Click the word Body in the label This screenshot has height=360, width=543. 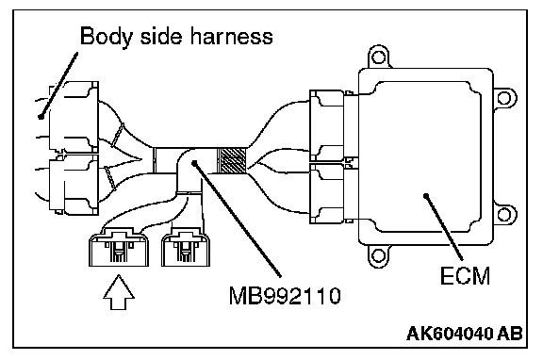click(x=106, y=37)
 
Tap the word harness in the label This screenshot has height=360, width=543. click(x=232, y=36)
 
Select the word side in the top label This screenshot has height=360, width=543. click(x=161, y=36)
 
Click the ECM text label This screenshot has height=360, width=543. click(x=465, y=276)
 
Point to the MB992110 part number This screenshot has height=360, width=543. click(x=285, y=296)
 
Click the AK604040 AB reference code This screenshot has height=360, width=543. click(x=465, y=334)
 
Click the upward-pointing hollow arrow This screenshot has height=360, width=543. click(x=119, y=292)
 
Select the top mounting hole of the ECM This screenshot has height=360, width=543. click(x=378, y=57)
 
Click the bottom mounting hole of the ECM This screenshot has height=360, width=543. click(x=378, y=255)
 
